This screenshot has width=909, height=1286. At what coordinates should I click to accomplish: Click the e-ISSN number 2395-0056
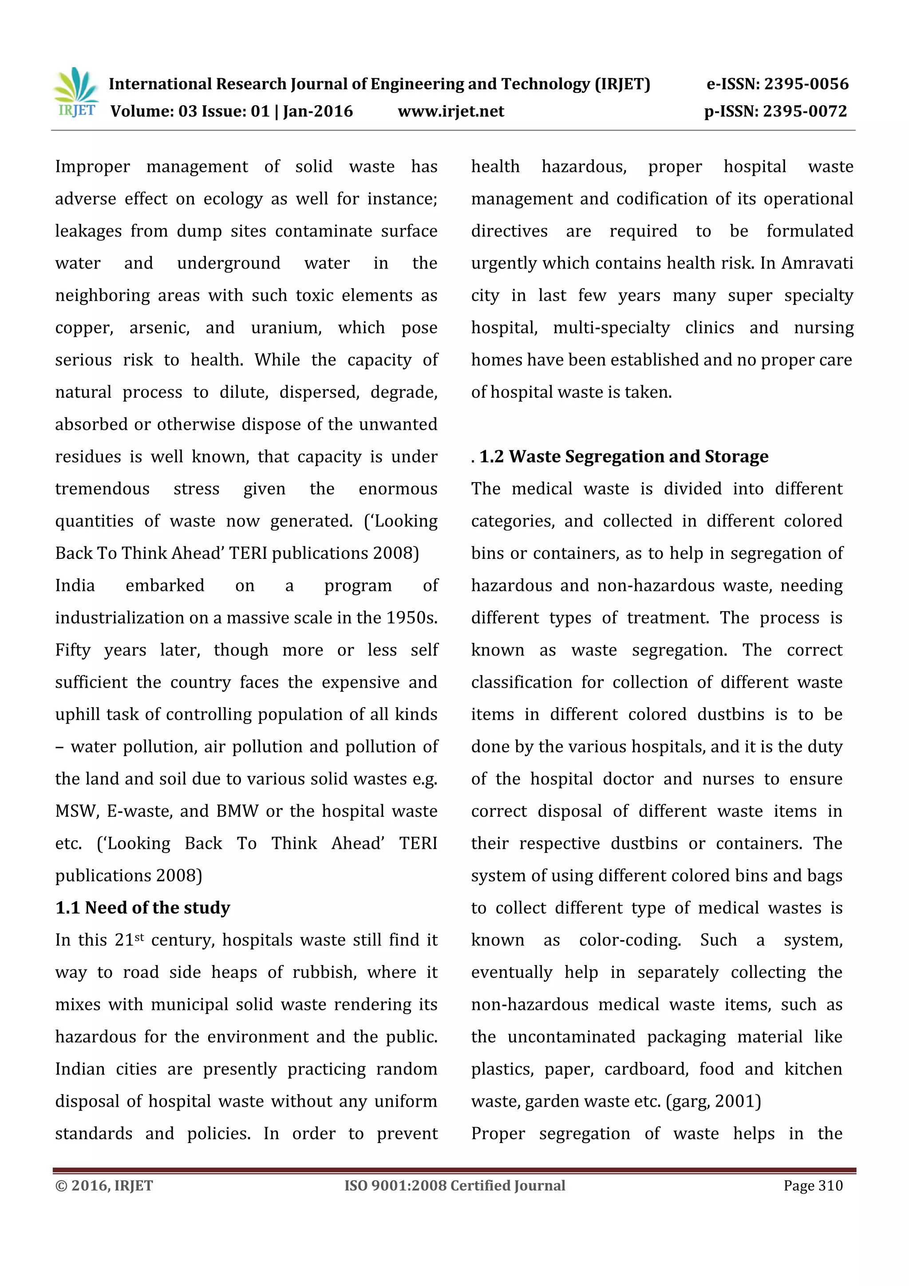[x=806, y=84]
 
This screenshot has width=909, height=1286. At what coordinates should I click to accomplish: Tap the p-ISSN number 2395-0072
[x=804, y=111]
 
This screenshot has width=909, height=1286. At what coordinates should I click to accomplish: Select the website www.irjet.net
[x=451, y=111]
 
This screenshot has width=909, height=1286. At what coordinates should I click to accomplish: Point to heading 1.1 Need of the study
[x=142, y=908]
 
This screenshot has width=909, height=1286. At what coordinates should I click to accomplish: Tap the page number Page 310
[x=813, y=1186]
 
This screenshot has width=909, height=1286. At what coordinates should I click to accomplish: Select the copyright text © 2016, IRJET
[x=104, y=1186]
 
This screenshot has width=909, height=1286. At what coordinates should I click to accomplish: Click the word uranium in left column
[x=286, y=328]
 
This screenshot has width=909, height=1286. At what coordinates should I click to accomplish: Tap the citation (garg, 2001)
[x=713, y=1101]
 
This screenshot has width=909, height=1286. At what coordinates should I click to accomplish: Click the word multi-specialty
[x=611, y=328]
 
